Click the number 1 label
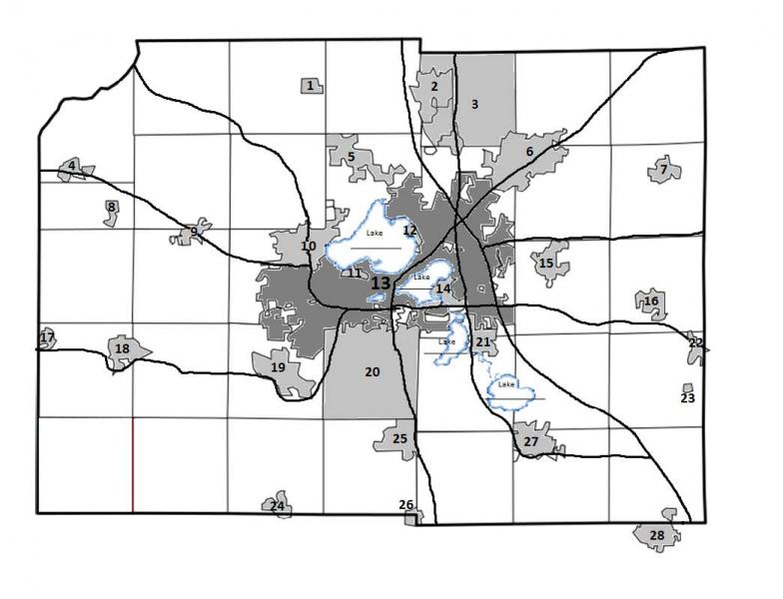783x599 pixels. pos(311,86)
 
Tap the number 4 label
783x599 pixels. pos(72,166)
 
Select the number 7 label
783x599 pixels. pos(663,171)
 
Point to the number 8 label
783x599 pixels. pos(111,208)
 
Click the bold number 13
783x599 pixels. pos(380,284)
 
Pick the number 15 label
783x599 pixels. pos(545,264)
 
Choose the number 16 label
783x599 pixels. pos(651,300)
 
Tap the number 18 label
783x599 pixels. pos(122,348)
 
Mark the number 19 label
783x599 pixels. pos(279,367)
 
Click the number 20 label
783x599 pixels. pos(372,372)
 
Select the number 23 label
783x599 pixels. pos(687,397)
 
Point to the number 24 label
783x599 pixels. pos(277,506)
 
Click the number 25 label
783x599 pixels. pos(399,438)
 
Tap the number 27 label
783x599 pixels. pos(531,441)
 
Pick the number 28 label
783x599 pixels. pos(656,536)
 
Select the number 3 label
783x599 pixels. pos(475,104)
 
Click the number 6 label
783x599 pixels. pos(529,151)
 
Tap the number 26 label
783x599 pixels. pos(406,505)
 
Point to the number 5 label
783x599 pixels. pos(351,157)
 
